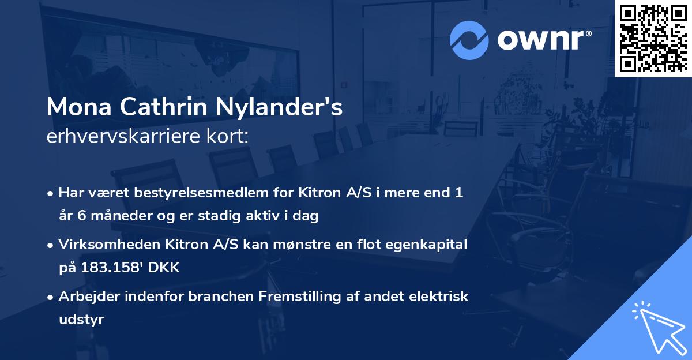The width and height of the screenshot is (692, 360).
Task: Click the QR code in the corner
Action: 653,38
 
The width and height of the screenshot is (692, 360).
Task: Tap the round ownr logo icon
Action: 469,40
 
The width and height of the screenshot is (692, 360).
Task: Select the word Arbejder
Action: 87,297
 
